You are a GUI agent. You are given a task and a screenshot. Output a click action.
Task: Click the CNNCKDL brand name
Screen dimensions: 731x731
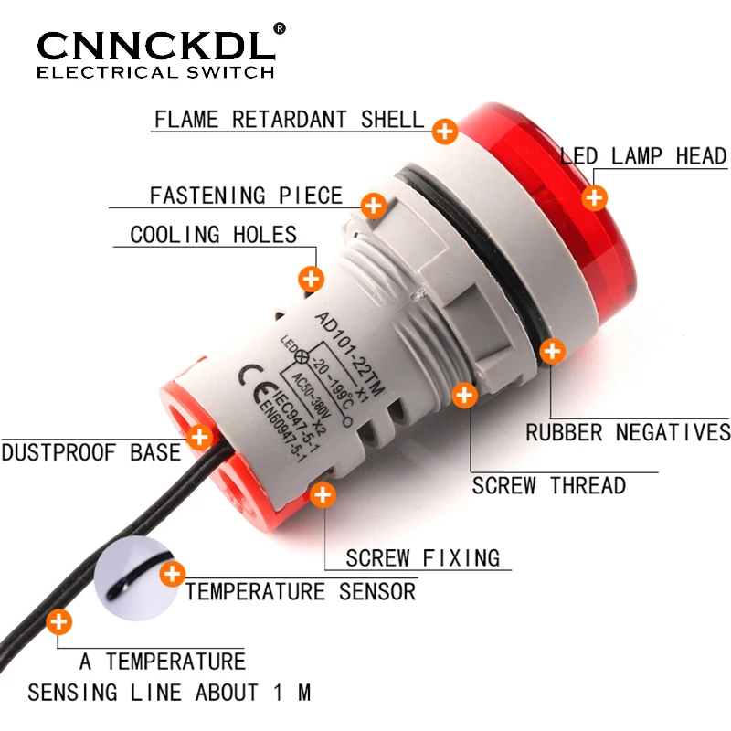tap(155, 45)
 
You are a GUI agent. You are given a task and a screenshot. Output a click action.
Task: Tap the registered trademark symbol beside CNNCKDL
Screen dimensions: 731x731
tap(280, 28)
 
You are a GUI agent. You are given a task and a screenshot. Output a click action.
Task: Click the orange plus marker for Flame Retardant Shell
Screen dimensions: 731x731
tap(445, 132)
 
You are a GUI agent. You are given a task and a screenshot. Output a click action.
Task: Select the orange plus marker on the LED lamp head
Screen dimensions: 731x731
tap(596, 196)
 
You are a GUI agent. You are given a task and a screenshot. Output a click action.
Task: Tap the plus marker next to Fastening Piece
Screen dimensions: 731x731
tap(373, 205)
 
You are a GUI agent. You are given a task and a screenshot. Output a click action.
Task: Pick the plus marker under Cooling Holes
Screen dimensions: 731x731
tap(312, 279)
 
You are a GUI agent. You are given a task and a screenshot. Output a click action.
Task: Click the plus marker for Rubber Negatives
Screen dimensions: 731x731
tap(552, 350)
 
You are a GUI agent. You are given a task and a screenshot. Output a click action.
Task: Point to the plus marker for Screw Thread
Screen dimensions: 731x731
tap(465, 395)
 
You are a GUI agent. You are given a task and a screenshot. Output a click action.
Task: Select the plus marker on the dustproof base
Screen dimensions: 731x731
tap(198, 437)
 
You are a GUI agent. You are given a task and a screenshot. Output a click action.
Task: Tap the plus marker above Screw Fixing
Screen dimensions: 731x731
tap(323, 495)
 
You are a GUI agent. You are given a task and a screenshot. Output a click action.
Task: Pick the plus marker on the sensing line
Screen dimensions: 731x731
tap(59, 623)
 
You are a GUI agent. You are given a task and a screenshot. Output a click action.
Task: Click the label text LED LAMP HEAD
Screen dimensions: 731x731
tap(643, 156)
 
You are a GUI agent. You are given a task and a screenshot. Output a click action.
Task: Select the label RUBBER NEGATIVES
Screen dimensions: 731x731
tap(628, 432)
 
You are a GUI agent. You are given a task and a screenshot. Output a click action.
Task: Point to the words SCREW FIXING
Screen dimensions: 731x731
tap(422, 557)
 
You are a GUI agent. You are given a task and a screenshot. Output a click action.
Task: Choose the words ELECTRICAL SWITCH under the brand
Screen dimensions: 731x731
tap(155, 72)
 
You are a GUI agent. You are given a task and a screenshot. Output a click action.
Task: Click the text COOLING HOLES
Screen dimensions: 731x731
tap(214, 235)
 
